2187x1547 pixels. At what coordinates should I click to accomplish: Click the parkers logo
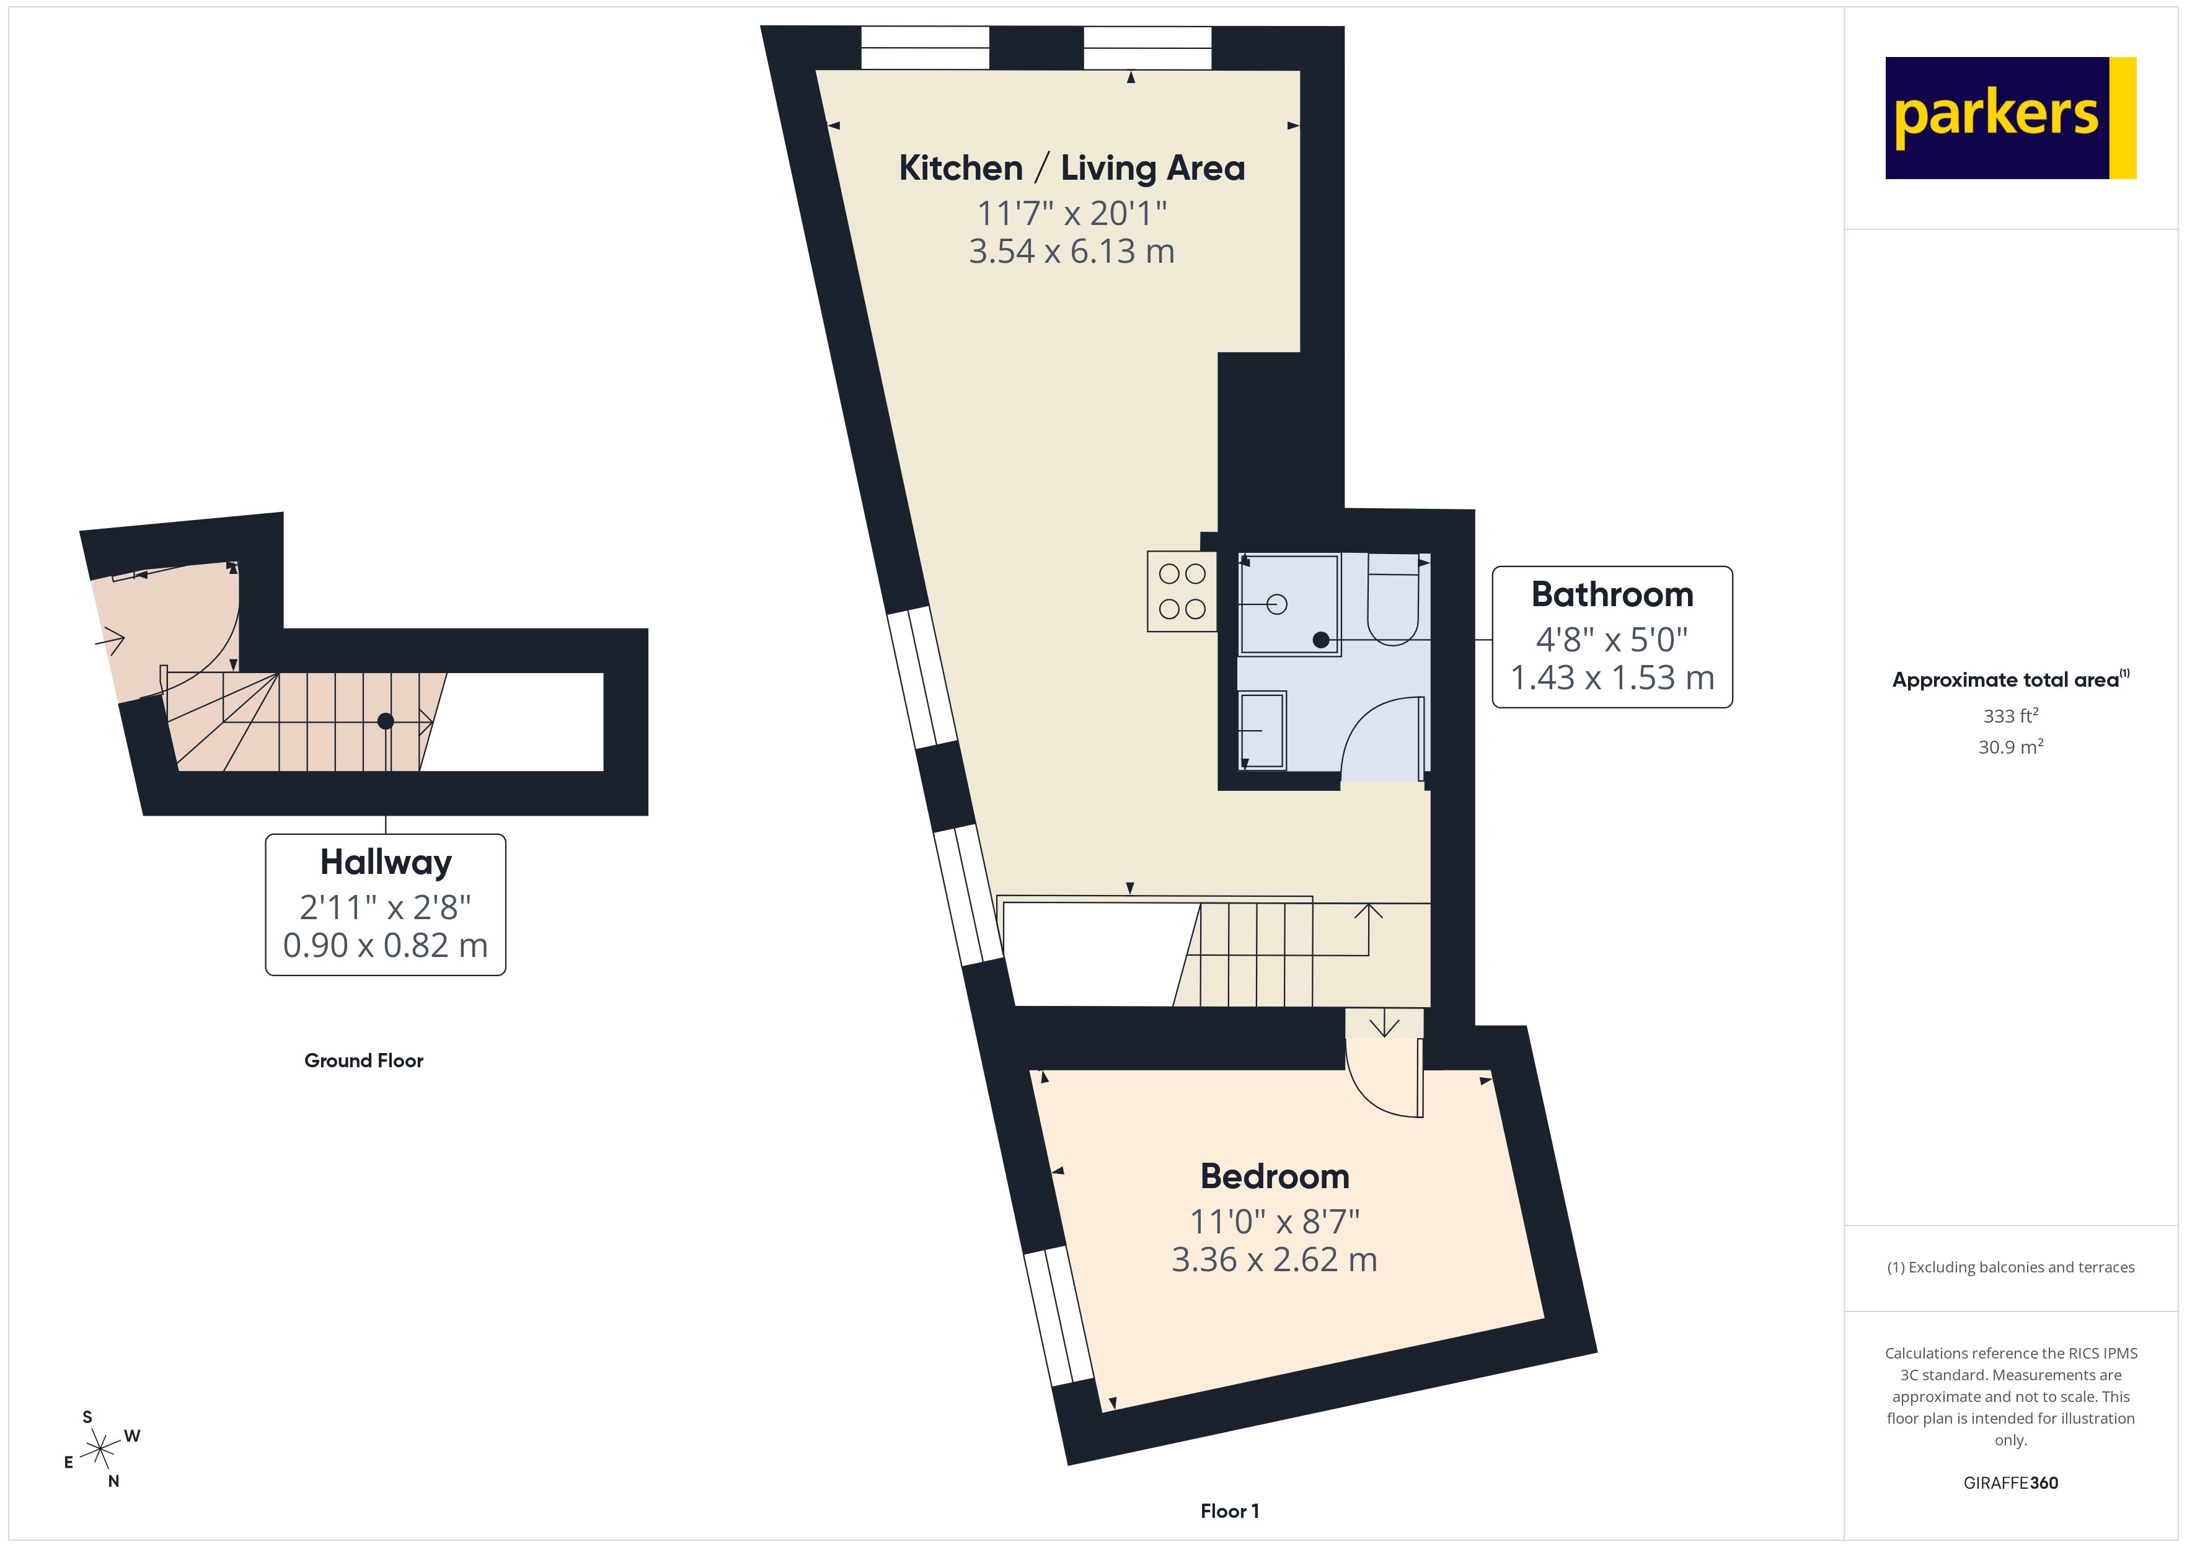coord(2010,118)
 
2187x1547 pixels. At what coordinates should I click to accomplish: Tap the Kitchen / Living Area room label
coord(1072,169)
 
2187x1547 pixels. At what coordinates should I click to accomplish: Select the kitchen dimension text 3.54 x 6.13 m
coord(1072,252)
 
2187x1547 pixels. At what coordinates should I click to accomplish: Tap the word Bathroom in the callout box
coord(1612,594)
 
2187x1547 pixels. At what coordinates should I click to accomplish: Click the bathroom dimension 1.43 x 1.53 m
coord(1612,678)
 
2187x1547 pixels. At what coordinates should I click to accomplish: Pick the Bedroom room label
coord(1275,1176)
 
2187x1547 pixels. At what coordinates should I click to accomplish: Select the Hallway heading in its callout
coord(386,862)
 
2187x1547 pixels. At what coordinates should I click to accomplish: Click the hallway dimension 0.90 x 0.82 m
coord(386,946)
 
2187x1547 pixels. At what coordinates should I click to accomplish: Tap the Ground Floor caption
coord(364,1061)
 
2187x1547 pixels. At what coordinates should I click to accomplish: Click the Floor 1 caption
coord(1229,1511)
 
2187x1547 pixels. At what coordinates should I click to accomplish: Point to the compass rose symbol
coord(100,1450)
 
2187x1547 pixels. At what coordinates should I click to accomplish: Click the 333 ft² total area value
coord(2010,715)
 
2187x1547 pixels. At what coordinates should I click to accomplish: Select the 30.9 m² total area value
coord(2010,747)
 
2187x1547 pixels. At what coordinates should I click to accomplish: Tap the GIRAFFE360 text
coord(2010,1483)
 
